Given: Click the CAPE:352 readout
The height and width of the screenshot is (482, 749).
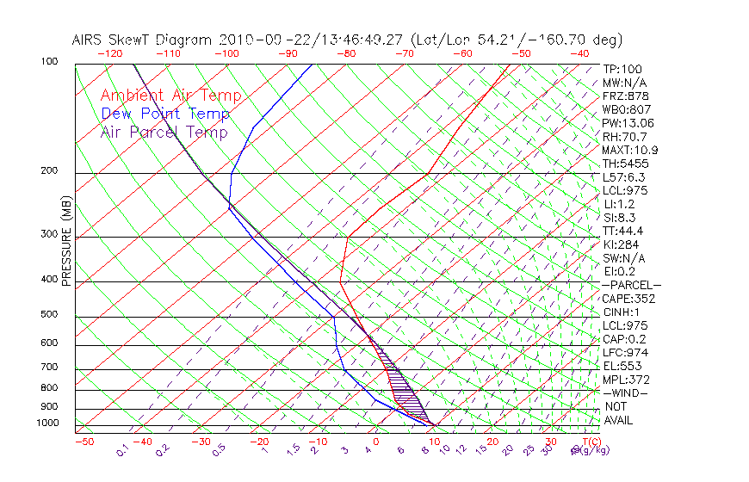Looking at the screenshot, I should coord(626,299).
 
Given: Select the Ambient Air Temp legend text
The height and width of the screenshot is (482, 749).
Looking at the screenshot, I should coord(170,96).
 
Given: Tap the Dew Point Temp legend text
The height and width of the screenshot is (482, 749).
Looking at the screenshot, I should coord(165,114).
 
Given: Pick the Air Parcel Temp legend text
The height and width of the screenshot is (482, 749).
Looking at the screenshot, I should coord(164,132).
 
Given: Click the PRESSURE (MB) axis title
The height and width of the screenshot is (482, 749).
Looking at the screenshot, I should coord(66,242).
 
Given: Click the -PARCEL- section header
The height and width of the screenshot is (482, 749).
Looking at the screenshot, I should coord(631,285).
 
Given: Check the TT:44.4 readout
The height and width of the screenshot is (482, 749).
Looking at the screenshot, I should coord(622,231).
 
